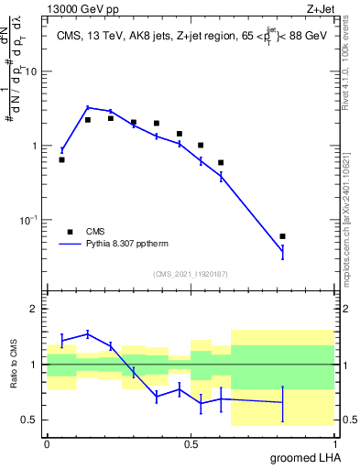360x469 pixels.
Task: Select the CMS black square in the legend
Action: click(67, 232)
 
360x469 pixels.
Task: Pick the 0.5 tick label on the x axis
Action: click(191, 444)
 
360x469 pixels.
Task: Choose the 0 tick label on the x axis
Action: click(47, 444)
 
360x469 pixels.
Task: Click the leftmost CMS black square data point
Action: click(61, 159)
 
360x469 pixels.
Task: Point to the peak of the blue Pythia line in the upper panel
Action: click(88, 107)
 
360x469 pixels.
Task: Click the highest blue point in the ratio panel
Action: click(88, 333)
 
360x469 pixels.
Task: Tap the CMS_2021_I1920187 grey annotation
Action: click(191, 274)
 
